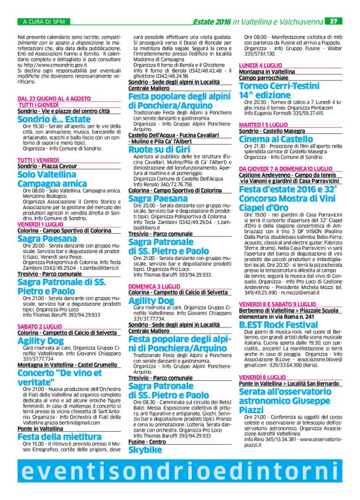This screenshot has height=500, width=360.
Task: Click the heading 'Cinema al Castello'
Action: tap(277, 140)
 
